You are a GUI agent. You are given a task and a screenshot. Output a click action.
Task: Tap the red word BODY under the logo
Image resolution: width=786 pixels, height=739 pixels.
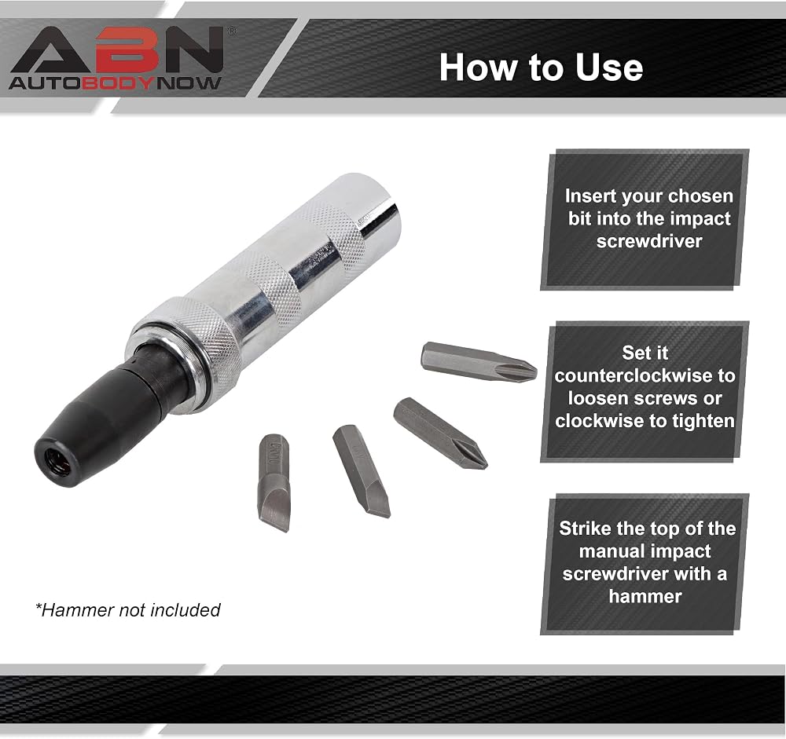(x=118, y=83)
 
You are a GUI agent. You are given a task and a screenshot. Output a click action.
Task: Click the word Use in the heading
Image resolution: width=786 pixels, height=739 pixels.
(x=609, y=68)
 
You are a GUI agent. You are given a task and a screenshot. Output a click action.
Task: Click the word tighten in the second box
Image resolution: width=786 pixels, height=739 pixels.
(x=703, y=421)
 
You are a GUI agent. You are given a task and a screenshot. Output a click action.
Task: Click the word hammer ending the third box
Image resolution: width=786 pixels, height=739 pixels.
(x=645, y=596)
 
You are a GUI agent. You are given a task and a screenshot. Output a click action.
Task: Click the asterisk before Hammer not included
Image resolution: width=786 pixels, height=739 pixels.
(x=39, y=607)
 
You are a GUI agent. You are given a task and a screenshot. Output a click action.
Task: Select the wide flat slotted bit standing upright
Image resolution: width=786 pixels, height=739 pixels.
(x=274, y=482)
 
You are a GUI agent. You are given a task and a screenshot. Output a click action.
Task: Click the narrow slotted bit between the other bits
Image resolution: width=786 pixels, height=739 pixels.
(x=361, y=471)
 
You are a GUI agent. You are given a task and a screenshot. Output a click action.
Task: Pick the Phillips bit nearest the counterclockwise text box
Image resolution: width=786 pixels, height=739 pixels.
(x=479, y=362)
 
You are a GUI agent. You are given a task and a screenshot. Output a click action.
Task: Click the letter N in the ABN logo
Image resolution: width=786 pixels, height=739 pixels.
(x=194, y=50)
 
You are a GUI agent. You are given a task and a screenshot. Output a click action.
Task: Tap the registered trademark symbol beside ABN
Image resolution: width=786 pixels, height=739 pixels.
(x=231, y=31)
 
